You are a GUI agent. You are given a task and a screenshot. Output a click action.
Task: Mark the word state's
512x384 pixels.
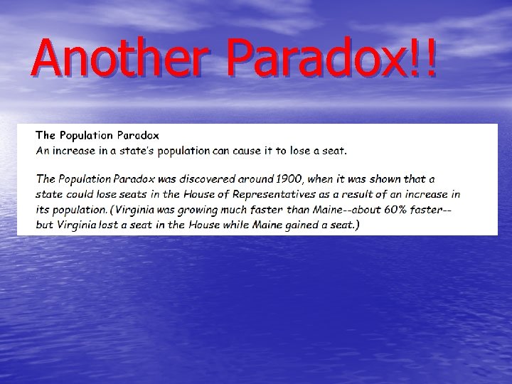click(125, 150)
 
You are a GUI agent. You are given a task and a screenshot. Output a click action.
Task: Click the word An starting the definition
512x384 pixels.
click(43, 150)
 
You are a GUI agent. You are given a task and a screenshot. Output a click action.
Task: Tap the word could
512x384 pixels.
click(79, 193)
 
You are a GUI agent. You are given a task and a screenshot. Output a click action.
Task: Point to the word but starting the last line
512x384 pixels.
click(45, 225)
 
